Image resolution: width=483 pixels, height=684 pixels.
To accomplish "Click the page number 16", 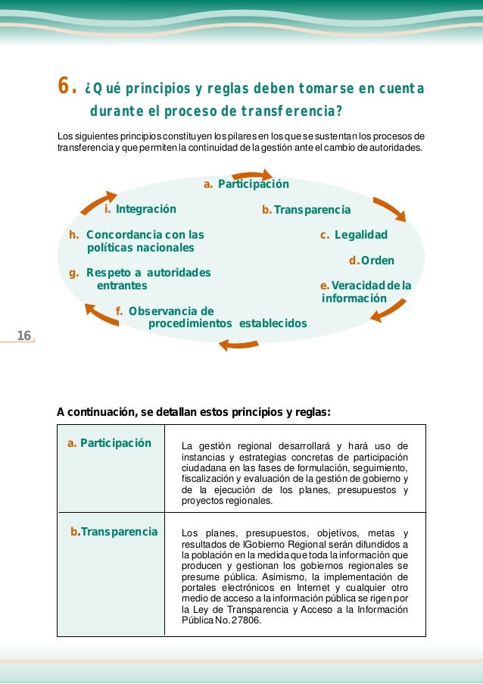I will point(23,336).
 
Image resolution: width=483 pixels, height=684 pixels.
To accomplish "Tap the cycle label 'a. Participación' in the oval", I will point(246,184).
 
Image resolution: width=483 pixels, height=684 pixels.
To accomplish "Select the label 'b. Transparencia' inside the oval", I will point(306,209).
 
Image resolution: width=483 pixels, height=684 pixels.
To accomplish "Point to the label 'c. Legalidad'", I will point(354,235).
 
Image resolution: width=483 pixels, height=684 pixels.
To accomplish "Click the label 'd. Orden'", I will point(371,261).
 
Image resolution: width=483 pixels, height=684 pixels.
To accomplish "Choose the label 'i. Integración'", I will point(140,209).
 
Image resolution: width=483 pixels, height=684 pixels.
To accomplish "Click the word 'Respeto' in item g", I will point(104,273).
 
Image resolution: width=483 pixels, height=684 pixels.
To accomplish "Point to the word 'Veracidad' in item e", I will point(356,286).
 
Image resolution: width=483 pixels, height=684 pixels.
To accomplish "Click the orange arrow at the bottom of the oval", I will point(239,345).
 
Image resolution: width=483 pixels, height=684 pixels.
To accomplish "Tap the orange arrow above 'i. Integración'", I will point(96,189).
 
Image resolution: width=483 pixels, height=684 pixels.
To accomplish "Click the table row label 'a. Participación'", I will point(109,443).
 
